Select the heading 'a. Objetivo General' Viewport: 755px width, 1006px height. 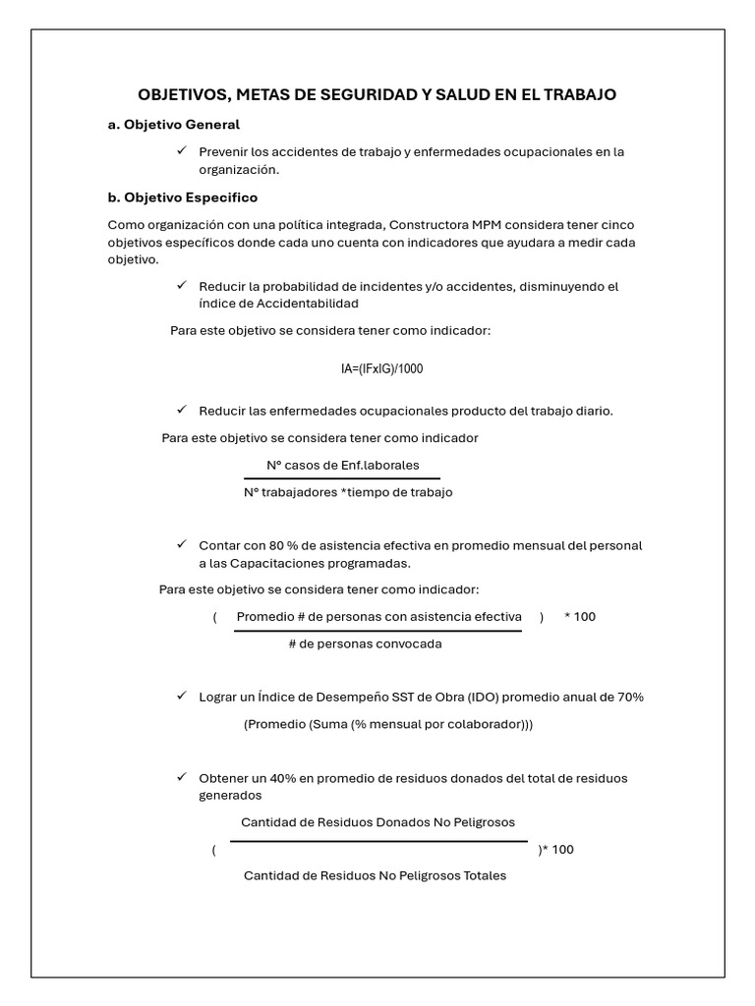173,125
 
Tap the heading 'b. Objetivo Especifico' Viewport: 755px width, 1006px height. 182,197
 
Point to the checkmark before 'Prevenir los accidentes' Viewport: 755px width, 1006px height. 181,151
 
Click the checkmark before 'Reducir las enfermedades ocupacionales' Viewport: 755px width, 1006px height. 181,410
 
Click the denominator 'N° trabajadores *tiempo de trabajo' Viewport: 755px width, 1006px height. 348,492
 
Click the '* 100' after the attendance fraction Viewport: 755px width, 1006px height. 579,617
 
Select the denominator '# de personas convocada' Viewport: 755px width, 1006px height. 365,644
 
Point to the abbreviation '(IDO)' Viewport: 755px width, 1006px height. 522,697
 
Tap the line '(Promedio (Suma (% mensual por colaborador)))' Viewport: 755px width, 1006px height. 388,725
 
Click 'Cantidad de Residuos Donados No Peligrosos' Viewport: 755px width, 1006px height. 377,822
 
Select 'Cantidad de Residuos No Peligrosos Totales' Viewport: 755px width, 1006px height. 375,875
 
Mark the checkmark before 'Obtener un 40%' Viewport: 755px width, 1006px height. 181,777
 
